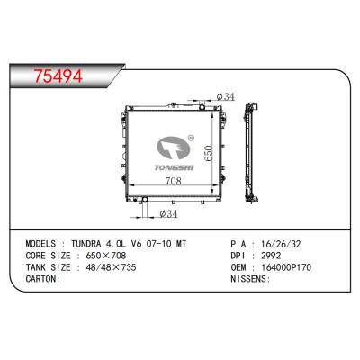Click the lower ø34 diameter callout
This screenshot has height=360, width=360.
pyautogui.click(x=166, y=213)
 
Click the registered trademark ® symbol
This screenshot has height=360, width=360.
pyautogui.click(x=189, y=139)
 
